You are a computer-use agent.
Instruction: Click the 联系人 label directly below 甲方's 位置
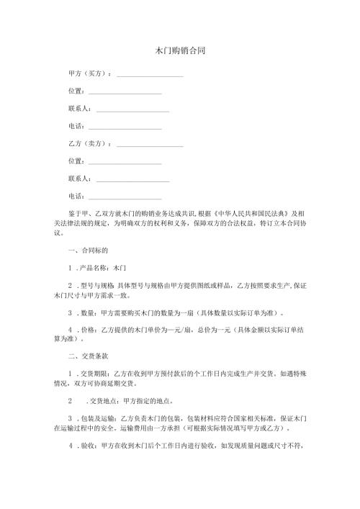(79, 109)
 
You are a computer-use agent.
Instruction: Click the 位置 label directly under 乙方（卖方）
(76, 161)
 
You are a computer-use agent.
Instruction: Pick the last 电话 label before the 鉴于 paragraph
(76, 196)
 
